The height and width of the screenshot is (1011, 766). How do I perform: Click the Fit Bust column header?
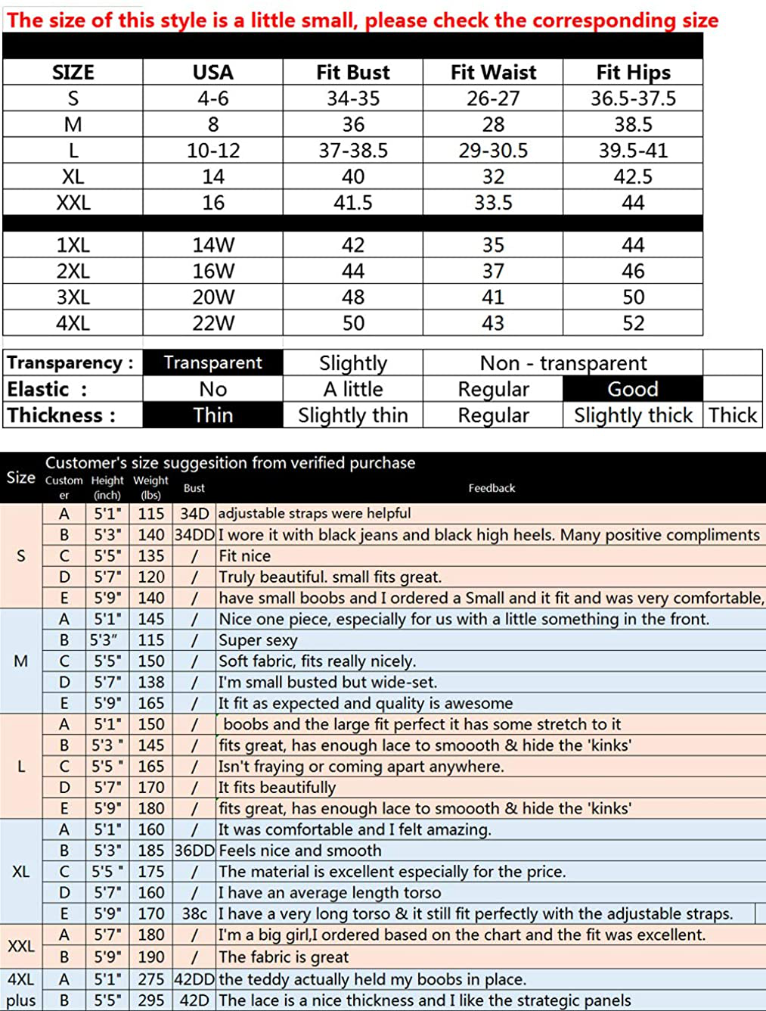coord(353,73)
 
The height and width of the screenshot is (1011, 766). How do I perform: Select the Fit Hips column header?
coord(633,73)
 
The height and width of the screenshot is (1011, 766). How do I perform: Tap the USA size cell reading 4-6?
coord(213,98)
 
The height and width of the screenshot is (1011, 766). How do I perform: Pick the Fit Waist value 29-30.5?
coord(493,151)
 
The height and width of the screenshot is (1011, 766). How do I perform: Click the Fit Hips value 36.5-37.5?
coord(633,98)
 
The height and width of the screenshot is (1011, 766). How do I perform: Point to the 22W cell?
coord(213,323)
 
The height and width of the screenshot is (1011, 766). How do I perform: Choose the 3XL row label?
coord(73,297)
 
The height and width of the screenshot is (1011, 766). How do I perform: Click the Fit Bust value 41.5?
coord(353,203)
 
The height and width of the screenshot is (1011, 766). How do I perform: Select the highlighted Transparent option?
coord(213,362)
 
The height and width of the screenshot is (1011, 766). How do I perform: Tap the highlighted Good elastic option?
coord(633,389)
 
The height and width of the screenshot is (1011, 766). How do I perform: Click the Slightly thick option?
coord(633,415)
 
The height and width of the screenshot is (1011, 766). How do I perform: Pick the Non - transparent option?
coord(563,363)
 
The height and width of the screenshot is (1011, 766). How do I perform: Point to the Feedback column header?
coord(492,488)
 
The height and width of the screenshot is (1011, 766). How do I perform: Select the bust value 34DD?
coord(194,535)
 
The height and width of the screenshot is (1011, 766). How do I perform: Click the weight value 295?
coord(151,1000)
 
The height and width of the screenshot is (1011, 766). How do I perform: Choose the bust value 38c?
coord(194,913)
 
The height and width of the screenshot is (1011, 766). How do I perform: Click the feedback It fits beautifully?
coord(277,788)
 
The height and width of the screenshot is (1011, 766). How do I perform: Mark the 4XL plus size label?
coord(20,990)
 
